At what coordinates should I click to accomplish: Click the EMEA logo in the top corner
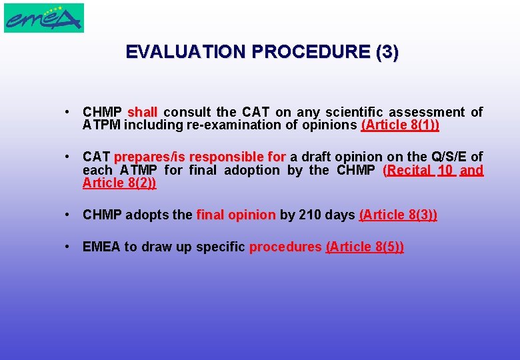44,18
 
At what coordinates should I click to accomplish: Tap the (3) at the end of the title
387,52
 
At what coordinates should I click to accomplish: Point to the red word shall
142,112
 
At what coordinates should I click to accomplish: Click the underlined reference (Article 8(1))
400,125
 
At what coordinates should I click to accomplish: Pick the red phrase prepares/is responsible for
200,157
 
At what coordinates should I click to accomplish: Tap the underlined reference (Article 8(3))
398,215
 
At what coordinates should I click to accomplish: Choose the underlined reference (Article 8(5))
365,247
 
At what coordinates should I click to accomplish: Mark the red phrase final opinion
236,215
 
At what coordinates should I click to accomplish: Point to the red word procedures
285,247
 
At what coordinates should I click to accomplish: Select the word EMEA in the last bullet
101,247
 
